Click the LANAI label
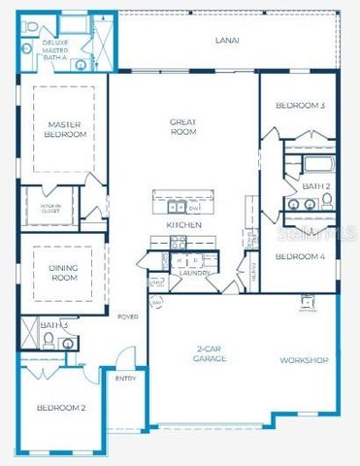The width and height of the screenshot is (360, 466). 227,41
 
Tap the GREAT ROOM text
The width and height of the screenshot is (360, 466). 183,127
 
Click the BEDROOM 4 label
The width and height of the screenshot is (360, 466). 299,256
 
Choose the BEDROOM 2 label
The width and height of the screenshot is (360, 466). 61,408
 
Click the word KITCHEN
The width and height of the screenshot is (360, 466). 183,224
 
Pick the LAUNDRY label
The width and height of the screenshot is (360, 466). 194,274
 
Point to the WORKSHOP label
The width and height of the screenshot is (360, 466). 303,360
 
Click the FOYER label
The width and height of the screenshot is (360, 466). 127,317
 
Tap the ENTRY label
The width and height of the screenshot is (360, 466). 126,379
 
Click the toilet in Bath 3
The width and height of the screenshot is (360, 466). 48,341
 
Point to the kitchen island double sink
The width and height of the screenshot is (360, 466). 177,206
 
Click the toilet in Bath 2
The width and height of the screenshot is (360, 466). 327,200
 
